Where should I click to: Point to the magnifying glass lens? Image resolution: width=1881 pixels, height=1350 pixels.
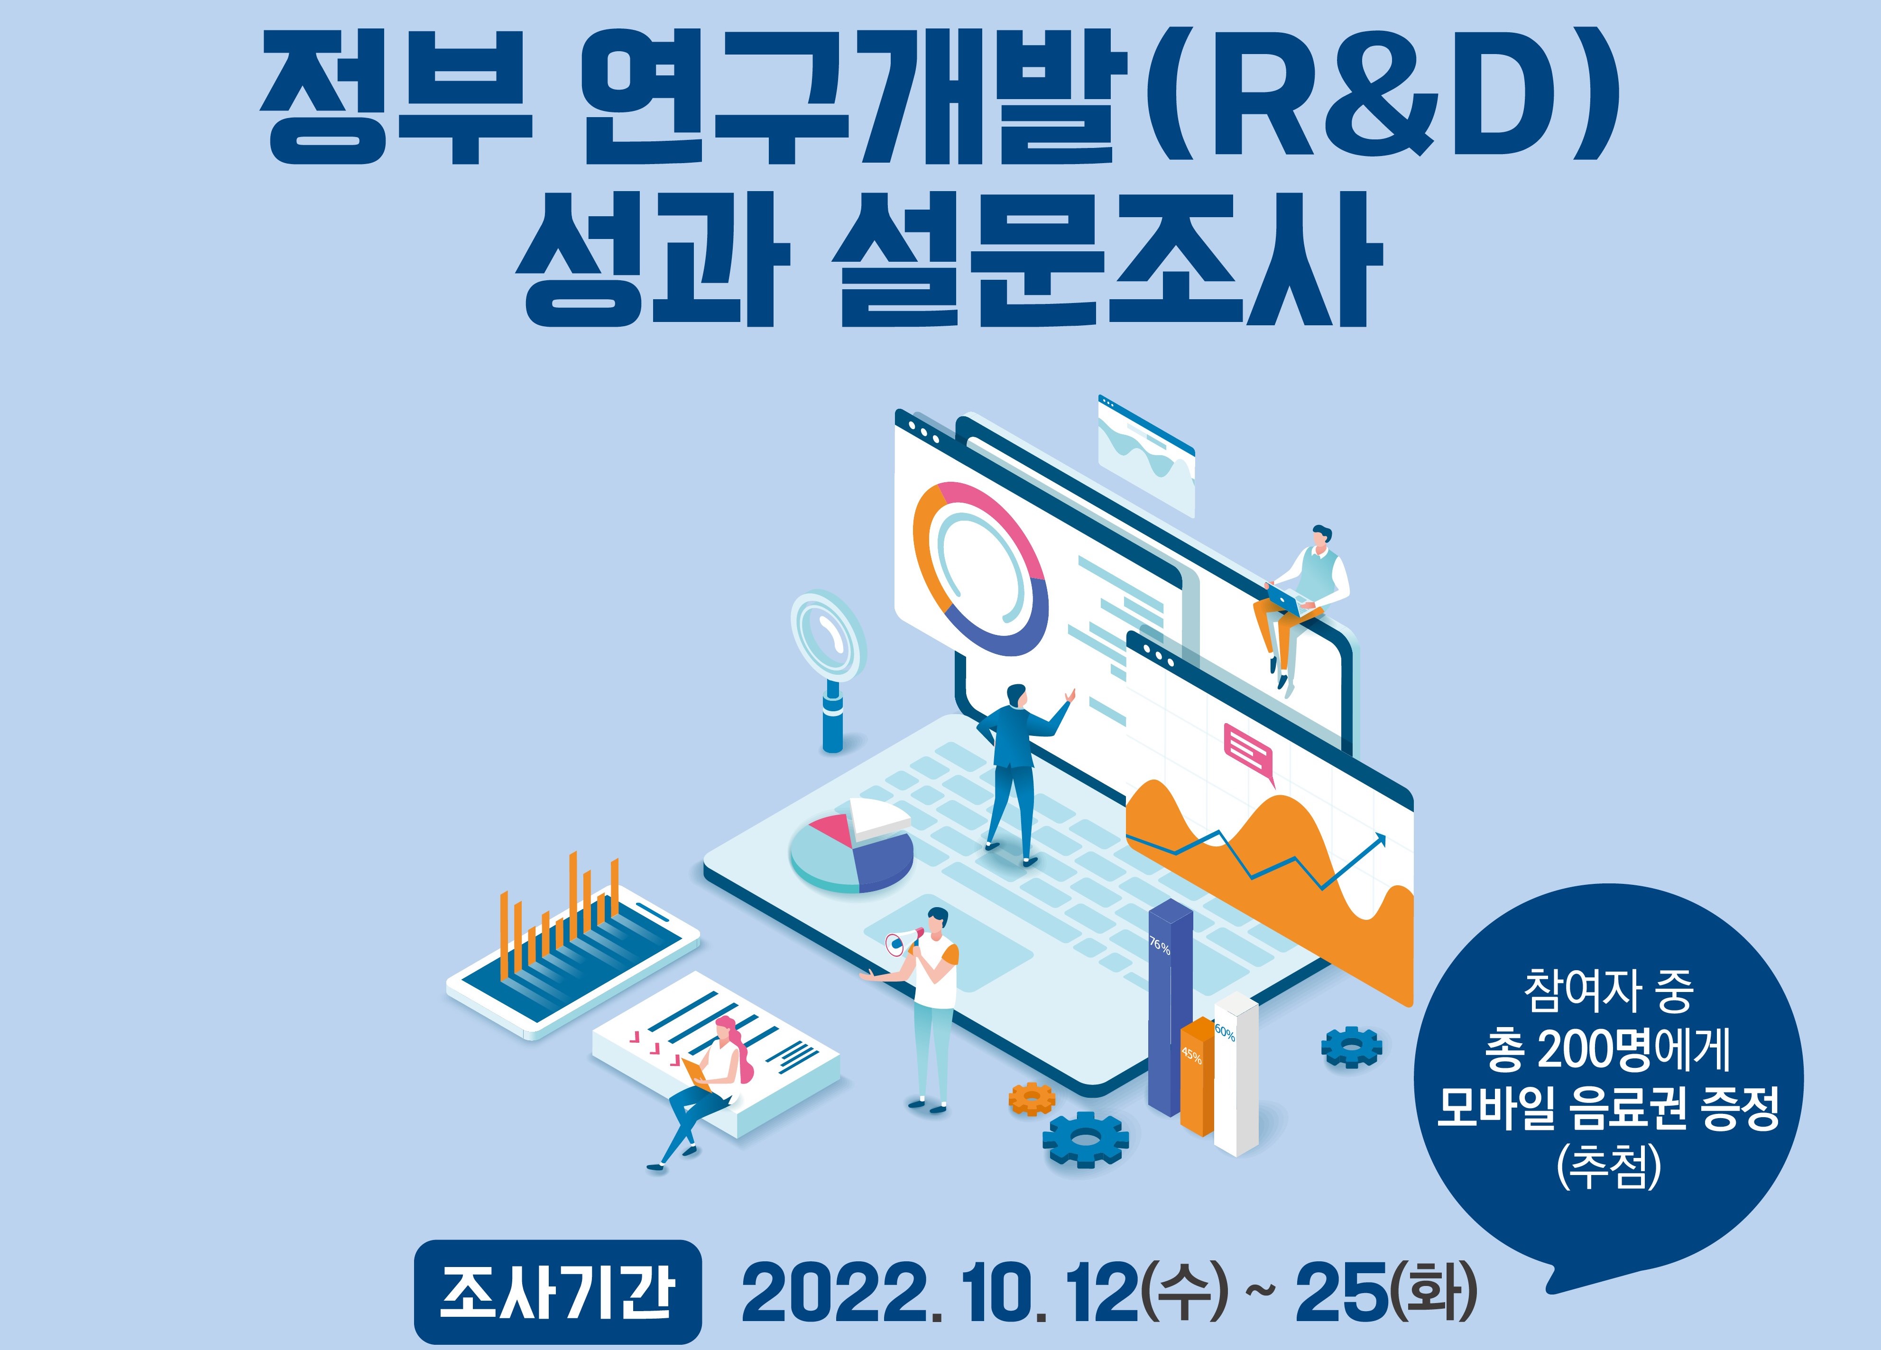pos(827,634)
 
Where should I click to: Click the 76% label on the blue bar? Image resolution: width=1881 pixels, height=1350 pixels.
pos(1160,946)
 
